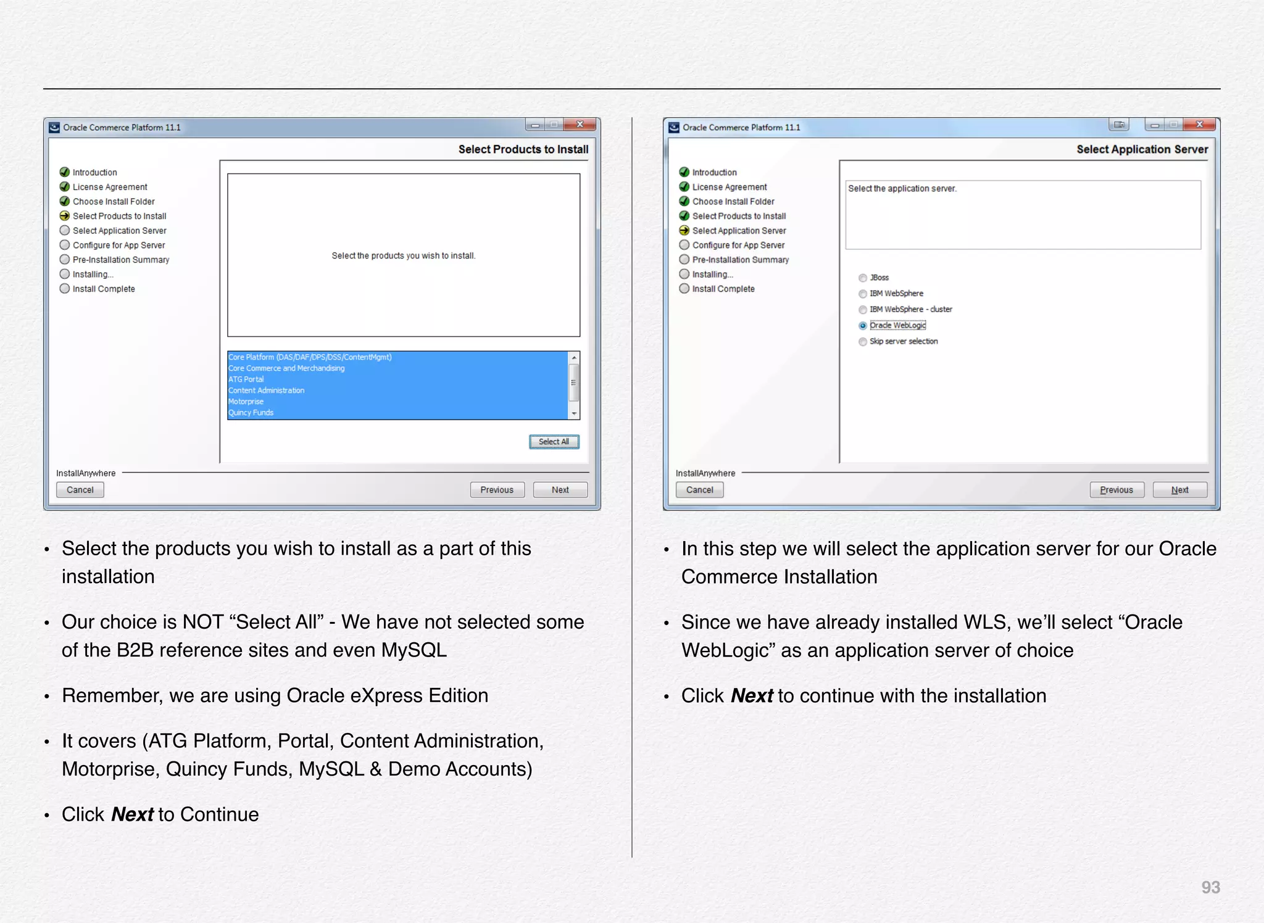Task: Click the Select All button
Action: tap(554, 442)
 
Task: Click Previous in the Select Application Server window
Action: tap(1116, 490)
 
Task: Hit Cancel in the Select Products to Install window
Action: tap(80, 490)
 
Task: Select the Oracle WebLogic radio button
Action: tap(863, 326)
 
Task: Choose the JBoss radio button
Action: tap(863, 278)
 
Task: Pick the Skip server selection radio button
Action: tap(863, 342)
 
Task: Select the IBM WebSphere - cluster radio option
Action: tap(863, 310)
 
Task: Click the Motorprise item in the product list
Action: tap(246, 402)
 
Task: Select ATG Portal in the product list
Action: tap(246, 379)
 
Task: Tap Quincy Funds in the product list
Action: tap(251, 413)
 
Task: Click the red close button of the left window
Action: tap(580, 125)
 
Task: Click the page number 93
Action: tap(1210, 887)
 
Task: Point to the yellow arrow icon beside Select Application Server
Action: tap(684, 231)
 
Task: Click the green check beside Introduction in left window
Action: tap(65, 172)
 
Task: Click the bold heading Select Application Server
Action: tap(1142, 149)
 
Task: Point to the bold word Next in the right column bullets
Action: tap(752, 696)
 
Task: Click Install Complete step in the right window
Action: tap(723, 289)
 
